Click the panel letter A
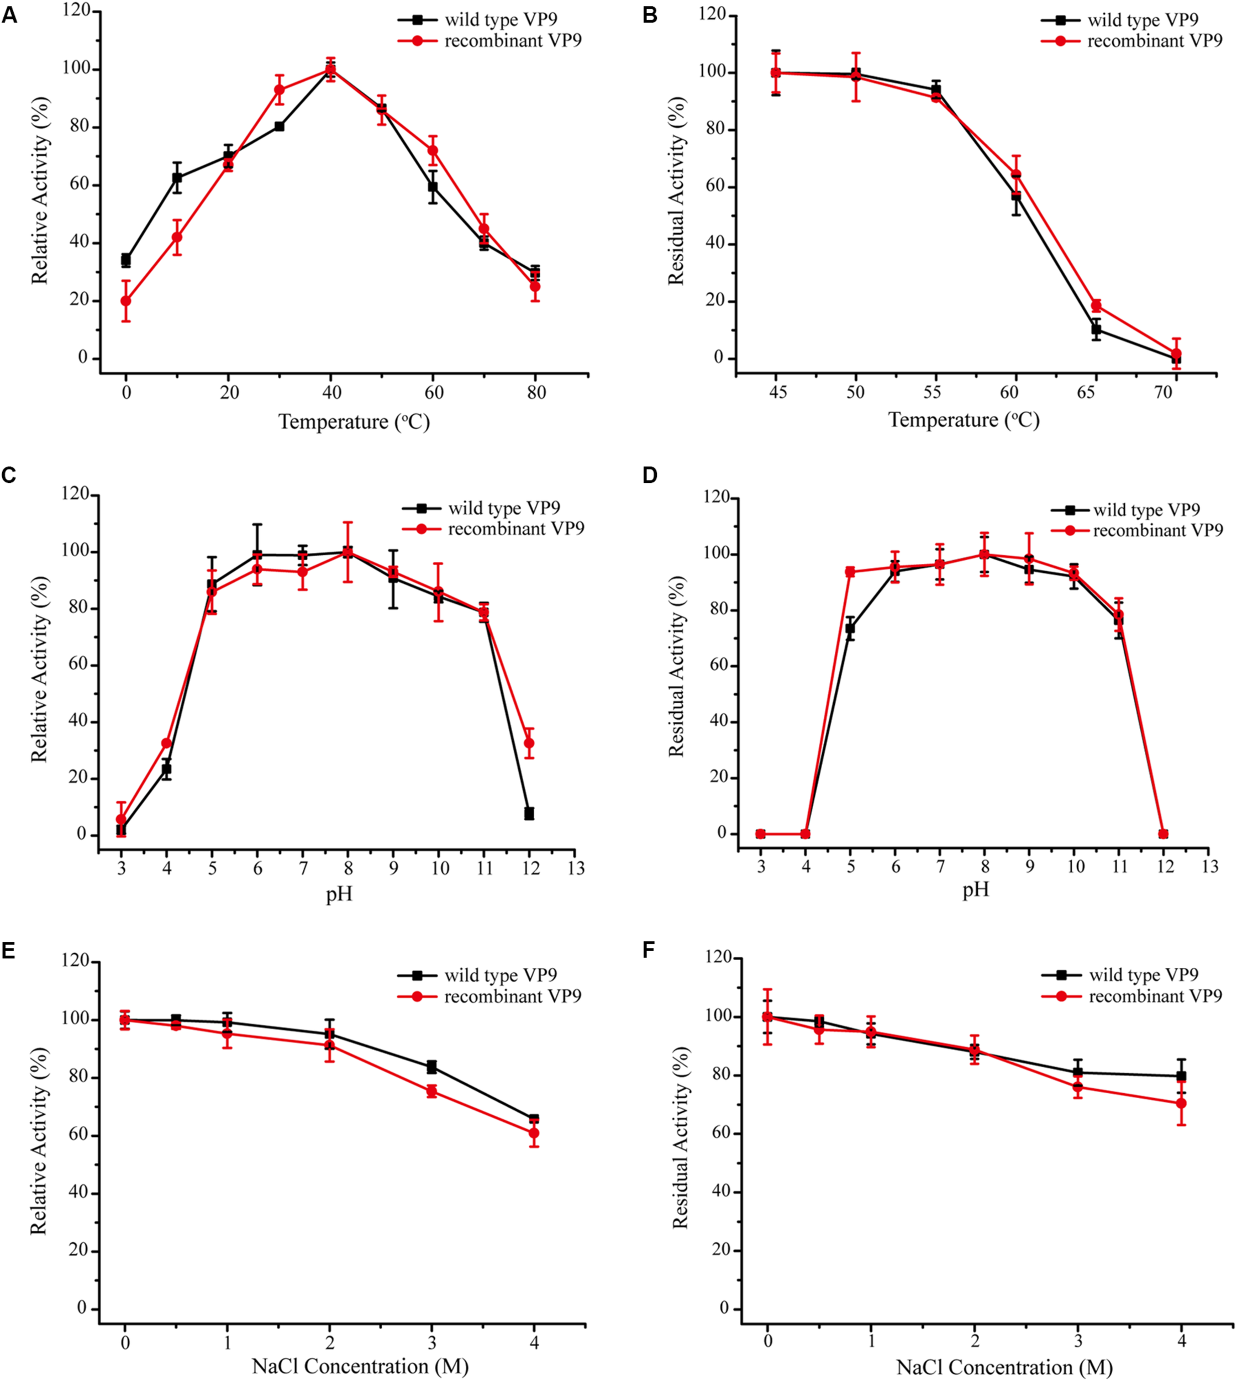(x=9, y=15)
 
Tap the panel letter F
(x=649, y=950)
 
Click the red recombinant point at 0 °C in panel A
(x=126, y=301)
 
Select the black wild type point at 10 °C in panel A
(x=177, y=178)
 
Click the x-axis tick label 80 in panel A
(x=536, y=392)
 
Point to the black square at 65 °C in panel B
(x=1096, y=330)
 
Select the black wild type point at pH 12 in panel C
(x=529, y=814)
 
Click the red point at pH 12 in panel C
(x=529, y=743)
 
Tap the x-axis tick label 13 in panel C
(x=576, y=868)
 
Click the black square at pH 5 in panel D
(x=850, y=628)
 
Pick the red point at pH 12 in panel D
(x=1163, y=834)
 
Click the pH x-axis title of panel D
(x=976, y=889)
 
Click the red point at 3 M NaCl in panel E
(x=431, y=1092)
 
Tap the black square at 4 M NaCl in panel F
(x=1181, y=1076)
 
